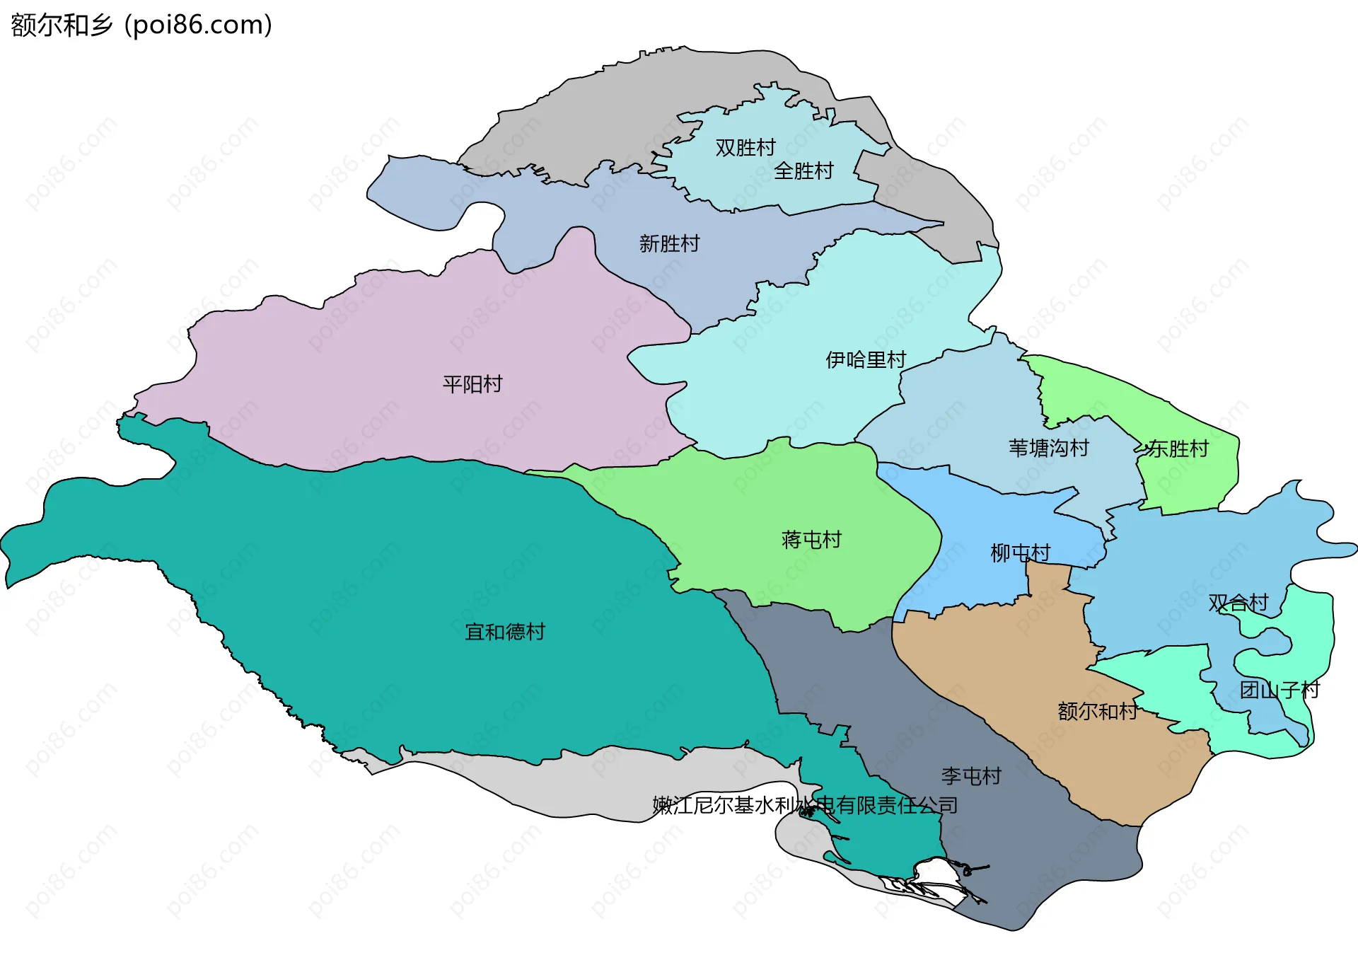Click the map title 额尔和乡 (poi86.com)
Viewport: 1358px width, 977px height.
tap(141, 25)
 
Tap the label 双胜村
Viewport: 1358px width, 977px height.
tap(745, 148)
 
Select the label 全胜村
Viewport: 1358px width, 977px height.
tap(803, 171)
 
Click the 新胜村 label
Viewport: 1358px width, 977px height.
tap(669, 244)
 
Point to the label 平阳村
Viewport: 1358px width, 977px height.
tap(472, 385)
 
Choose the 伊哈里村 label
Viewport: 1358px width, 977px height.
tap(866, 360)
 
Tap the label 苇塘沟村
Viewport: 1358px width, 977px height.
tap(1048, 449)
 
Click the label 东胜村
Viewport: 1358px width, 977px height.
tap(1178, 449)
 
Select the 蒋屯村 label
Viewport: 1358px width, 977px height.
tap(811, 540)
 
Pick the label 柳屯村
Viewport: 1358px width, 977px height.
tap(1021, 553)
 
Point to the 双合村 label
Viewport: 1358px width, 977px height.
tap(1238, 603)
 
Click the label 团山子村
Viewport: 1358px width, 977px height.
tap(1279, 690)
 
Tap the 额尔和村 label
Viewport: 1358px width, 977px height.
tap(1098, 712)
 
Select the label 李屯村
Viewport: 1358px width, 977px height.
tap(971, 777)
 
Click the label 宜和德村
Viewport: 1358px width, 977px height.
tap(505, 632)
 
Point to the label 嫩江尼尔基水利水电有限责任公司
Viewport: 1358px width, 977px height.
tap(805, 806)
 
